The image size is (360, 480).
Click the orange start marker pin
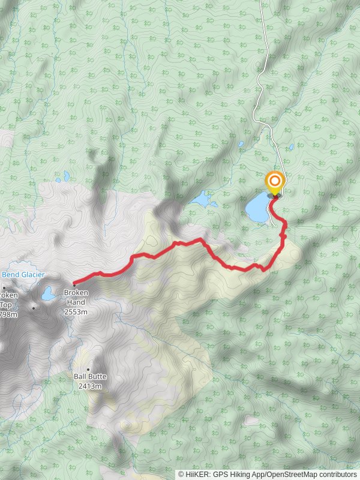pyautogui.click(x=275, y=181)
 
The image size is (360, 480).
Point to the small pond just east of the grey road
pyautogui.click(x=292, y=146)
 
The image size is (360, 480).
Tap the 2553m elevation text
pyautogui.click(x=76, y=312)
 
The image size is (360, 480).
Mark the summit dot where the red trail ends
pyautogui.click(x=74, y=283)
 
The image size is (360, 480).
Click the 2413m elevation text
pyautogui.click(x=89, y=386)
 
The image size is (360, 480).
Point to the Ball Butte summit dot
pyautogui.click(x=88, y=370)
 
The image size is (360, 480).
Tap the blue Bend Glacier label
pyautogui.click(x=24, y=275)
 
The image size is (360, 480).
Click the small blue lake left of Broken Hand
pyautogui.click(x=47, y=294)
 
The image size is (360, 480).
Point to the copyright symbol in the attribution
pyautogui.click(x=181, y=474)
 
